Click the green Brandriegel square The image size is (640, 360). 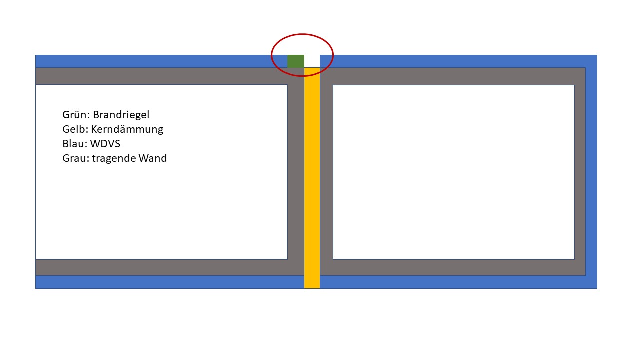pos(295,61)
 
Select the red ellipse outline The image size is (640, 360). pos(272,55)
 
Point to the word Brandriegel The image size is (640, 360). pos(121,115)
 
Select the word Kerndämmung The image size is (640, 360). pos(127,130)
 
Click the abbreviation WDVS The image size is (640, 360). pos(105,144)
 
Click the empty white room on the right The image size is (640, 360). pos(453,172)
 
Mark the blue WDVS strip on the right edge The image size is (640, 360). pos(591,172)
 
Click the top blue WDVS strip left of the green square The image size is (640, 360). pos(160,61)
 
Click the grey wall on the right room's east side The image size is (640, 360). pos(580,172)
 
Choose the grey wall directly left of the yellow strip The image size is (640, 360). pos(296,172)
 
